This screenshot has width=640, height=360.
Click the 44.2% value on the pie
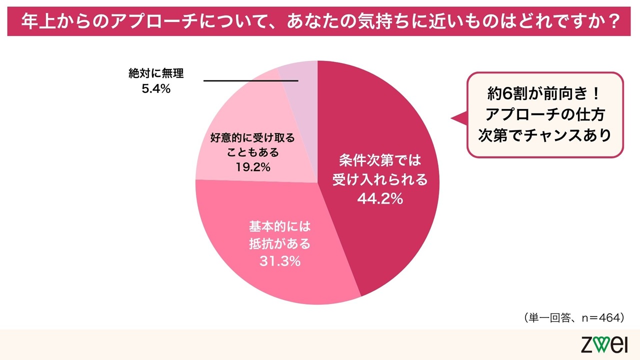(x=379, y=199)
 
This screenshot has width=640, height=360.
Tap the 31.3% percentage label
(x=279, y=261)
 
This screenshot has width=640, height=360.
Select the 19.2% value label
(x=252, y=167)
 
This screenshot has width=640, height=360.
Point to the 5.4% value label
(x=156, y=89)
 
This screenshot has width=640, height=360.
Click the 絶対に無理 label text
(x=156, y=74)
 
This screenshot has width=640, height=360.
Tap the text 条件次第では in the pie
(x=380, y=161)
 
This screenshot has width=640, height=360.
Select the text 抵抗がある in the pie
(x=279, y=244)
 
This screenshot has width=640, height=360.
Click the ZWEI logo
(x=604, y=345)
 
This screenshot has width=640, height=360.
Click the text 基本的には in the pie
(x=279, y=226)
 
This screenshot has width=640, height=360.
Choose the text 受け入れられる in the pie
(x=380, y=180)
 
